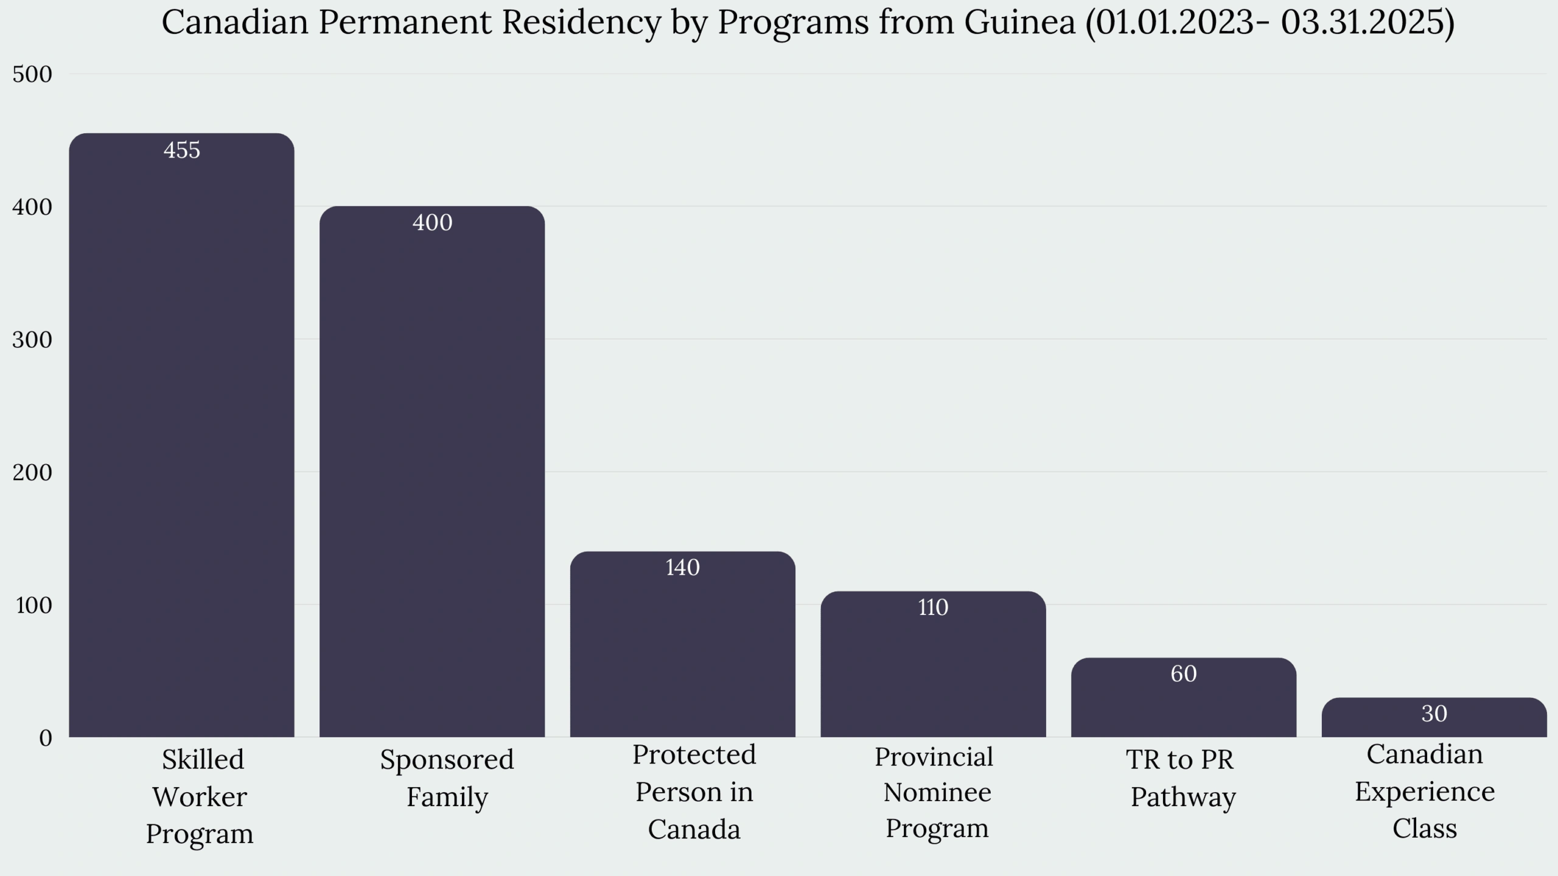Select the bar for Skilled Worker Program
(181, 435)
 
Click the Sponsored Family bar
(432, 471)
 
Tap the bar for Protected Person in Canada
(682, 644)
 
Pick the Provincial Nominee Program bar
(933, 664)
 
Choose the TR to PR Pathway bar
(1183, 698)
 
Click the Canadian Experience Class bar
(1434, 718)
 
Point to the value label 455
(181, 150)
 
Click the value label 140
(682, 568)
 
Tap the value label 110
(933, 608)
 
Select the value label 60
(1183, 674)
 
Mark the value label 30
(1434, 714)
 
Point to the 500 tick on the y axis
(32, 74)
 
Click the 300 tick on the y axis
(32, 339)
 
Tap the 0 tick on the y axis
(46, 738)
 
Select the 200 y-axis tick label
(32, 472)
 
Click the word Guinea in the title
(1019, 23)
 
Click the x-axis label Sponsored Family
(447, 778)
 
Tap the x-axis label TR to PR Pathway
(1181, 778)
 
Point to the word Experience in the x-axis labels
(1424, 791)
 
